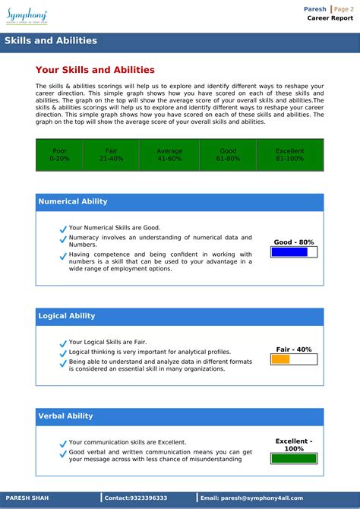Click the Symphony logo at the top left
27,14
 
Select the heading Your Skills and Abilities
95,70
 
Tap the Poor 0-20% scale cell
59,155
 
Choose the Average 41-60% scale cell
169,155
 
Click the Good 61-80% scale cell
228,155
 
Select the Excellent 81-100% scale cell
290,155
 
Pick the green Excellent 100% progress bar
294,458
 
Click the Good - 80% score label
294,242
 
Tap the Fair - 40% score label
294,349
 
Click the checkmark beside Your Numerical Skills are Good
63,229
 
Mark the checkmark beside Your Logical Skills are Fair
63,343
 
